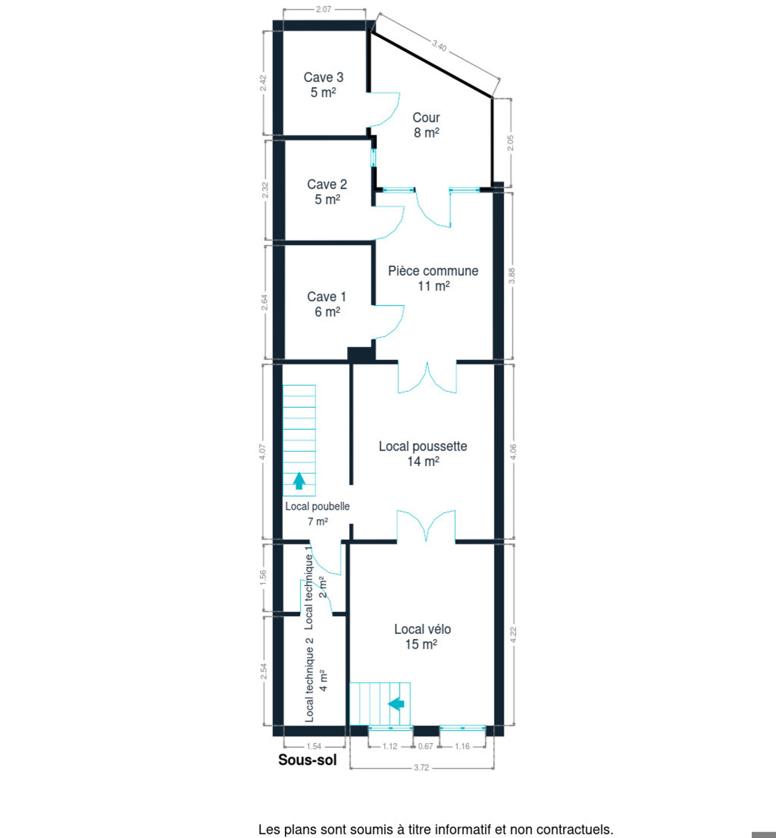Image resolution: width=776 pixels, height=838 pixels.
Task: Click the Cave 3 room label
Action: point(323,85)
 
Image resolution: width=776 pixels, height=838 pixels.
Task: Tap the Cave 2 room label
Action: point(327,191)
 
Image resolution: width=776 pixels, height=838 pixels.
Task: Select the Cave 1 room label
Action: point(327,304)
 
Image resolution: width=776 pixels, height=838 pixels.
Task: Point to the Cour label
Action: point(426,125)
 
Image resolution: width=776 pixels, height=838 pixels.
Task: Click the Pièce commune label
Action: point(433,278)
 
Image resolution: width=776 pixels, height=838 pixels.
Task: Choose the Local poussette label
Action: point(423,453)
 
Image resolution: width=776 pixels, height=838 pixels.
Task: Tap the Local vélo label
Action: point(423,637)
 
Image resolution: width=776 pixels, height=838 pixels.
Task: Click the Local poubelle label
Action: point(317,513)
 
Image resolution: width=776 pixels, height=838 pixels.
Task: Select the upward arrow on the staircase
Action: point(299,481)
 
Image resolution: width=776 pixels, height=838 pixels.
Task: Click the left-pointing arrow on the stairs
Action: point(396,704)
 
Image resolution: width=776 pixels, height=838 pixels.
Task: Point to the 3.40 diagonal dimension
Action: point(439,45)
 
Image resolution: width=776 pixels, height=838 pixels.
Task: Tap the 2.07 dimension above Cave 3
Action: point(324,9)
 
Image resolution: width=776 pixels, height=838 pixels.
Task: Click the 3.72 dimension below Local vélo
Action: point(421,768)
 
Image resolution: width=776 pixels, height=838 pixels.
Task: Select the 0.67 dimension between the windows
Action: point(425,746)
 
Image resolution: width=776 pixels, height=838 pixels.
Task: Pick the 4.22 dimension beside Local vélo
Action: point(513,635)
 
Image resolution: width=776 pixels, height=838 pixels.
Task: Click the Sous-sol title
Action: point(307,760)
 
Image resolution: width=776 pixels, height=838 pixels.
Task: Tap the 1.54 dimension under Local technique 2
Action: point(314,746)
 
